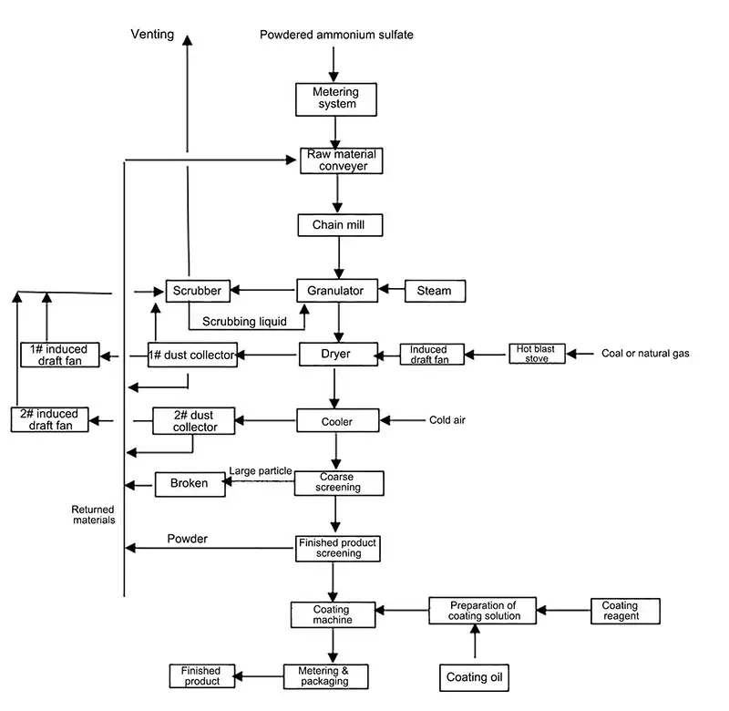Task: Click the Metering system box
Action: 336,98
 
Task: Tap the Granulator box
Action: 337,291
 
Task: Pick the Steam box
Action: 434,291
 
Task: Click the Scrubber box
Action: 196,291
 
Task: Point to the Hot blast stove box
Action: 537,354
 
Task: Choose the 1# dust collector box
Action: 192,355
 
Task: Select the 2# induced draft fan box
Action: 50,419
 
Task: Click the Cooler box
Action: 337,421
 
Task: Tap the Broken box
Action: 190,483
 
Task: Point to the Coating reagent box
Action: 625,611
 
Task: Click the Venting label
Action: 152,35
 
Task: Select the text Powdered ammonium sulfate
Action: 336,36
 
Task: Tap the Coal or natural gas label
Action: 645,354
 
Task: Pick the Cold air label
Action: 452,420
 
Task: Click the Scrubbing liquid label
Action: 244,321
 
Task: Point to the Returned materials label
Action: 94,515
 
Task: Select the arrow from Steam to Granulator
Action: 392,290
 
